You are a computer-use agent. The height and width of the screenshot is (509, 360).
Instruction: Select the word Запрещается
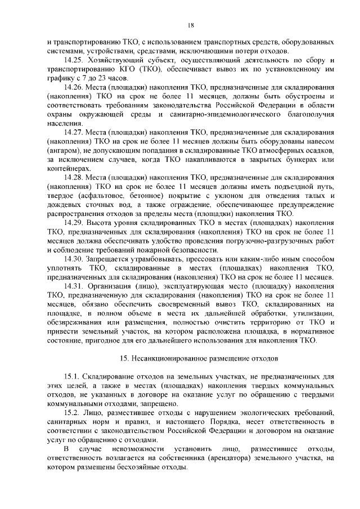pos(111,260)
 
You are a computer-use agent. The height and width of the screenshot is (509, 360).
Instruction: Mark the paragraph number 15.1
pos(71,376)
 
